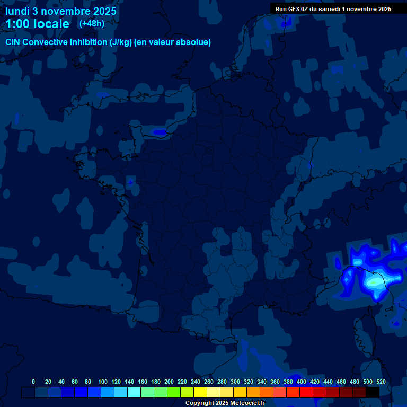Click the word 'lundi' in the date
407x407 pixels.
coord(17,11)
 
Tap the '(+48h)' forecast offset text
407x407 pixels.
coord(92,24)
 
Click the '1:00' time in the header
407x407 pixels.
coord(16,24)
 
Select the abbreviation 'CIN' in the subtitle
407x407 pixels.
coord(13,42)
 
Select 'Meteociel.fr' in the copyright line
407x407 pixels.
coord(243,403)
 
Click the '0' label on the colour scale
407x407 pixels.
coord(33,382)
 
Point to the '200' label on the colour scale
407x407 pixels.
coord(169,382)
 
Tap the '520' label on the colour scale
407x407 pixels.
coord(381,382)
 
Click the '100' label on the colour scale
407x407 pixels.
coord(103,382)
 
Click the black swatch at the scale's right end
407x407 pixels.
coord(373,392)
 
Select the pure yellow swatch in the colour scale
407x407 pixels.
coord(200,392)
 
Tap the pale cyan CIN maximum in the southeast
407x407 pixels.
coord(375,282)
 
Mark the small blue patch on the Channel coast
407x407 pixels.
coord(158,131)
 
